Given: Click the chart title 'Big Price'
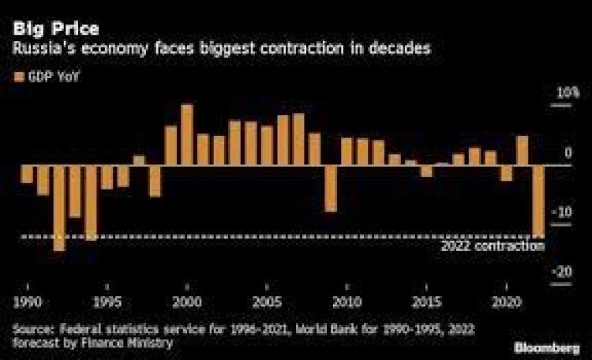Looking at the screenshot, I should pyautogui.click(x=54, y=30).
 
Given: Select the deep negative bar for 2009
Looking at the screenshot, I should pyautogui.click(x=331, y=189).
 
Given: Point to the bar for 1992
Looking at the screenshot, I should pyautogui.click(x=59, y=208).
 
